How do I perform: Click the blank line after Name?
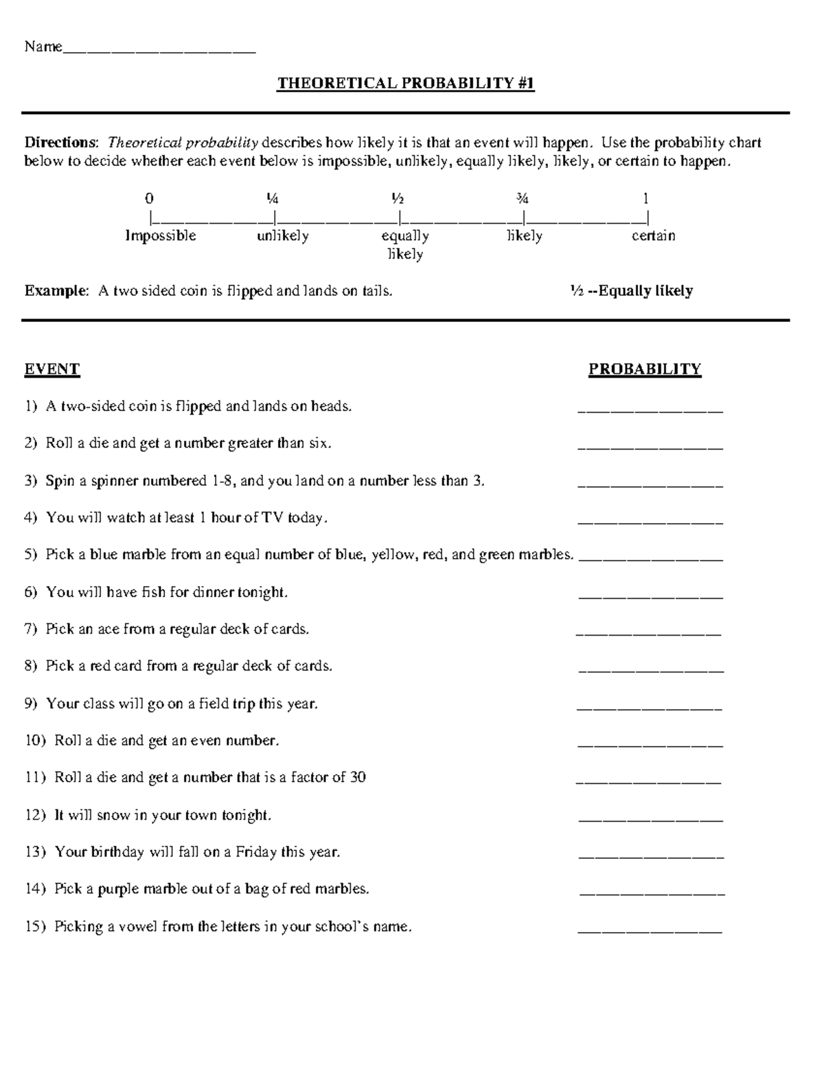tap(159, 48)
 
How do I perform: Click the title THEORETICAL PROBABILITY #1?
tap(405, 84)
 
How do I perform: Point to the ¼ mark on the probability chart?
tap(273, 199)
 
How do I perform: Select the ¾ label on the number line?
tap(523, 199)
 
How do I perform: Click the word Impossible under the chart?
tap(161, 236)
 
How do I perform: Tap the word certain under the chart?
tap(653, 236)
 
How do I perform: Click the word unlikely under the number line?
tap(283, 236)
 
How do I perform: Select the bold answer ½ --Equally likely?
tap(630, 291)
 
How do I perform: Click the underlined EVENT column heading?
tap(52, 369)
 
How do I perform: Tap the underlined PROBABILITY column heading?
tap(644, 369)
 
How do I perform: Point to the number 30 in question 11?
tap(358, 778)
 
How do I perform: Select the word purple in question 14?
tap(118, 890)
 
